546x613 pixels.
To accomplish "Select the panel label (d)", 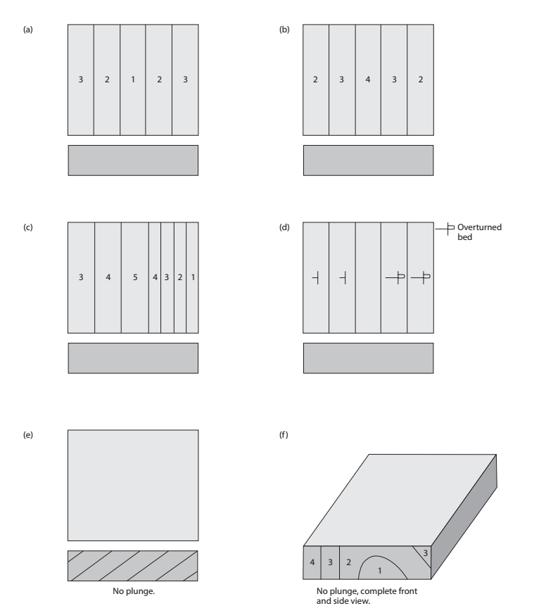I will pos(284,228).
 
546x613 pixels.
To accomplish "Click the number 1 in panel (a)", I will pos(133,80).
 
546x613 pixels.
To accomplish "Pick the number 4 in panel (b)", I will pos(368,80).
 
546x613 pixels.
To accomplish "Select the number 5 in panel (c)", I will pos(134,278).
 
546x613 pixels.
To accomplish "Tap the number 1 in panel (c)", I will pos(192,278).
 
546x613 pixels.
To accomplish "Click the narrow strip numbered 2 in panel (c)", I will pos(179,278).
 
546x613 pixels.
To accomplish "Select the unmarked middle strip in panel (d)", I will pos(368,277).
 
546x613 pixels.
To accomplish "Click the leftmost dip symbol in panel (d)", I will pos(316,278).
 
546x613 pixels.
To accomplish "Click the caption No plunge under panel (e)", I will pos(132,591).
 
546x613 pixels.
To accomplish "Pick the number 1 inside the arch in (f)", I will pos(380,569).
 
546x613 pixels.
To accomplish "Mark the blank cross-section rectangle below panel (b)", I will pos(368,160).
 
